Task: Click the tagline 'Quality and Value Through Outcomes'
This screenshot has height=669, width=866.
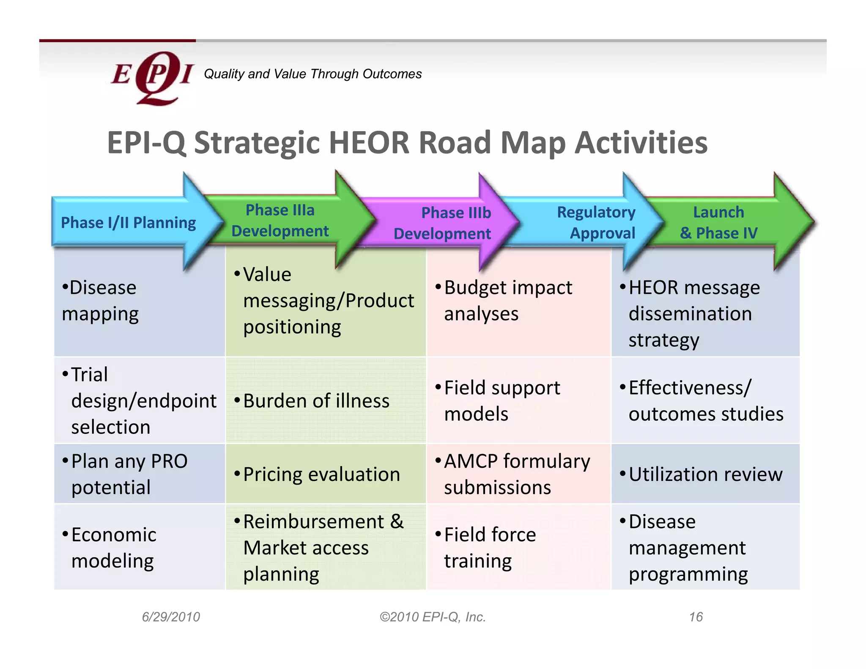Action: coord(312,74)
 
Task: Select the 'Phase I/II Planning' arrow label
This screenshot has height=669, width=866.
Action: coord(128,222)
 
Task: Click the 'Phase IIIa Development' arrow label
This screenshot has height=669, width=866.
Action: coord(280,220)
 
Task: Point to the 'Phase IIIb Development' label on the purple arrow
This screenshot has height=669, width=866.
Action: coord(443,223)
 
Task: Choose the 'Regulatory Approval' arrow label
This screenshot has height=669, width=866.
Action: coord(596,222)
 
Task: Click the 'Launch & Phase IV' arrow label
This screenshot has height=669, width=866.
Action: coord(718,222)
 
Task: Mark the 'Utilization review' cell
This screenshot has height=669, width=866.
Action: coord(705,474)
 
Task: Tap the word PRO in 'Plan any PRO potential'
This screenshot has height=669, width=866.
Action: coord(169,461)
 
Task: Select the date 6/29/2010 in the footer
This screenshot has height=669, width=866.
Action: coord(171,617)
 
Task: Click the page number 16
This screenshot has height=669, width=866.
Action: coord(696,617)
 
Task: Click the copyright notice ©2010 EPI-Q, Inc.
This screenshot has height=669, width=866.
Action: coord(433,617)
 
